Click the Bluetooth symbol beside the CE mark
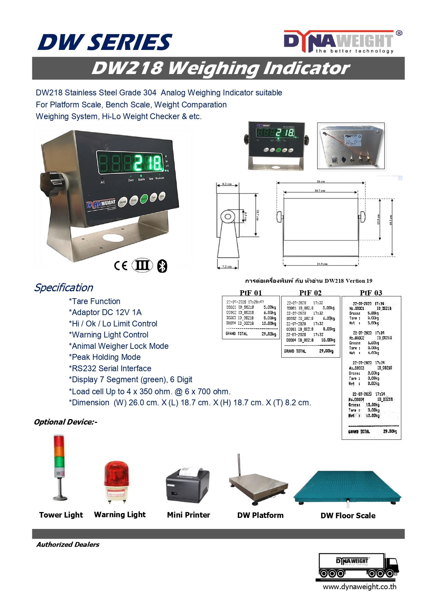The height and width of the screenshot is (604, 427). coord(162,266)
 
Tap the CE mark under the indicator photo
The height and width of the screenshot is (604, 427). coord(121,265)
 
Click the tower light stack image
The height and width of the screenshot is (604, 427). coord(59,467)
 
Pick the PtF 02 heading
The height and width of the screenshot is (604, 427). coord(310,293)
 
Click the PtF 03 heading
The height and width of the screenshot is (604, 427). coord(371,293)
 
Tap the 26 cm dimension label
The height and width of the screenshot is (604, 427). coord(321,181)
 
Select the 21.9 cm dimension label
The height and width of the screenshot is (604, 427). coord(322,264)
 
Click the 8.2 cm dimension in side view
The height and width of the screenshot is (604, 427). coord(227,184)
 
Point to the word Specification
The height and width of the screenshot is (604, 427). coord(64,288)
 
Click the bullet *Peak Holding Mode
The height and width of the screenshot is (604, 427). coord(105,357)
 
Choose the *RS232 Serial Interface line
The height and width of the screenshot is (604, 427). coord(110,368)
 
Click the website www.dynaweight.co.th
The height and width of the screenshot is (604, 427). coord(360,587)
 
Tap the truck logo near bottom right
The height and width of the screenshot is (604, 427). coord(357,566)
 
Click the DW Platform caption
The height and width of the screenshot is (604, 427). coord(260,515)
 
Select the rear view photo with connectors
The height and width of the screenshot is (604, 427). coord(351,146)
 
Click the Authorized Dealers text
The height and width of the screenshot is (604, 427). coord(68,544)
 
